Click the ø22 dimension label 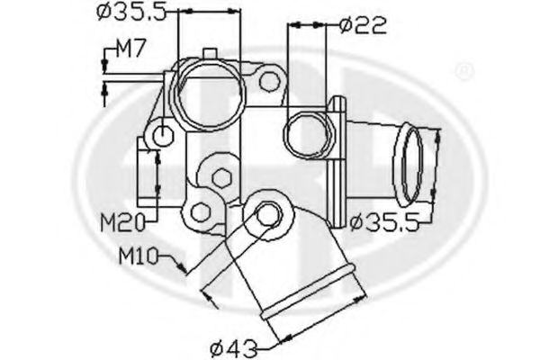click(x=364, y=25)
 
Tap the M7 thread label click(x=130, y=51)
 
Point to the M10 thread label click(x=139, y=256)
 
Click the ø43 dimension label click(x=233, y=344)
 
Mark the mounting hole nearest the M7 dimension click(x=164, y=135)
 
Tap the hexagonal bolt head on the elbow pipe click(x=266, y=214)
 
